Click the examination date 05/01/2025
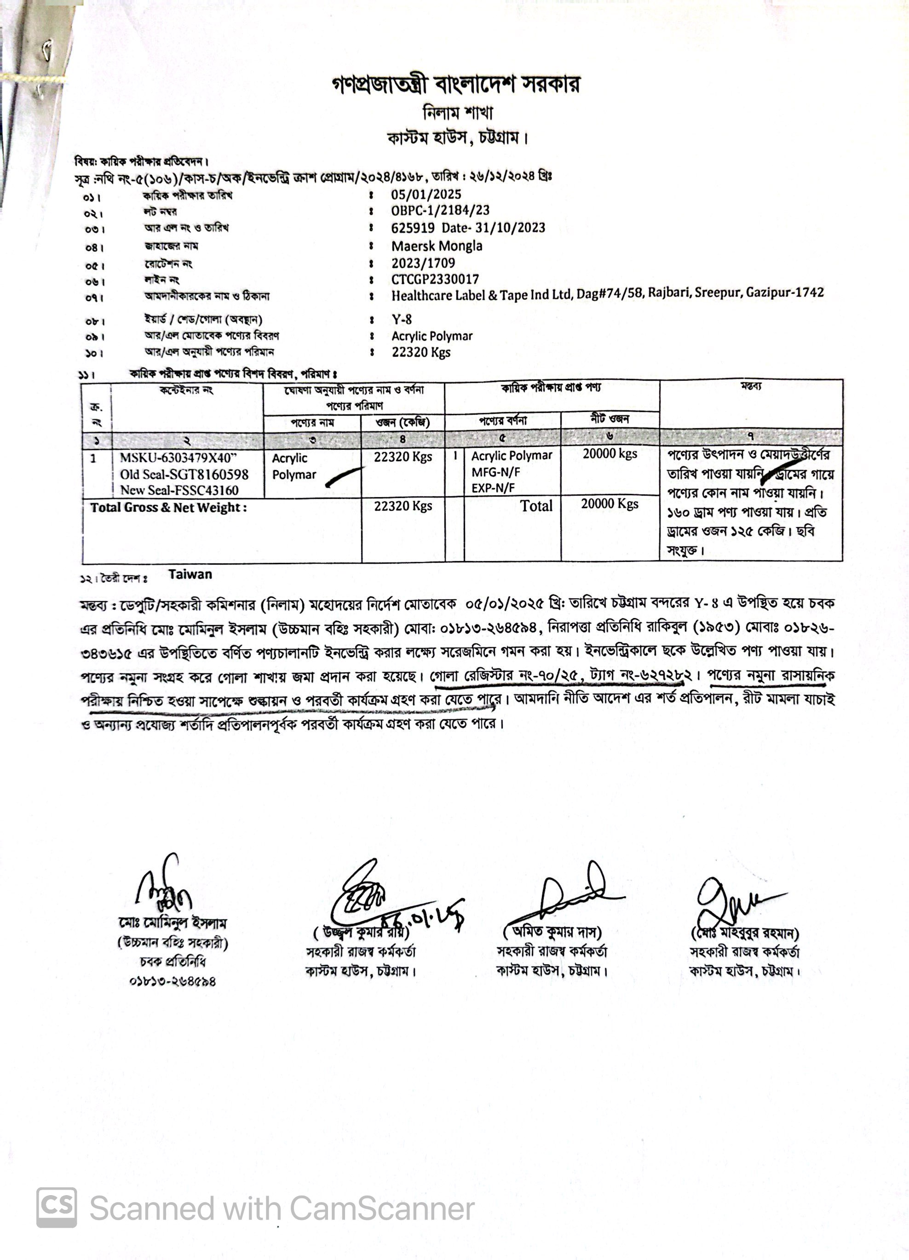coord(426,194)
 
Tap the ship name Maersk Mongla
coord(437,246)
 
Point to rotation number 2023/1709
coord(423,263)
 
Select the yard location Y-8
coord(401,320)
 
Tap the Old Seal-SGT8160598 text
coord(184,475)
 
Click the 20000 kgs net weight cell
coord(610,453)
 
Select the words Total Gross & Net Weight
coord(168,507)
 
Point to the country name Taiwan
coord(190,574)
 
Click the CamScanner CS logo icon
coord(57,1207)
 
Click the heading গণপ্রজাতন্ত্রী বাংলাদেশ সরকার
coord(455,85)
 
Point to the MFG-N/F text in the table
coord(495,472)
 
